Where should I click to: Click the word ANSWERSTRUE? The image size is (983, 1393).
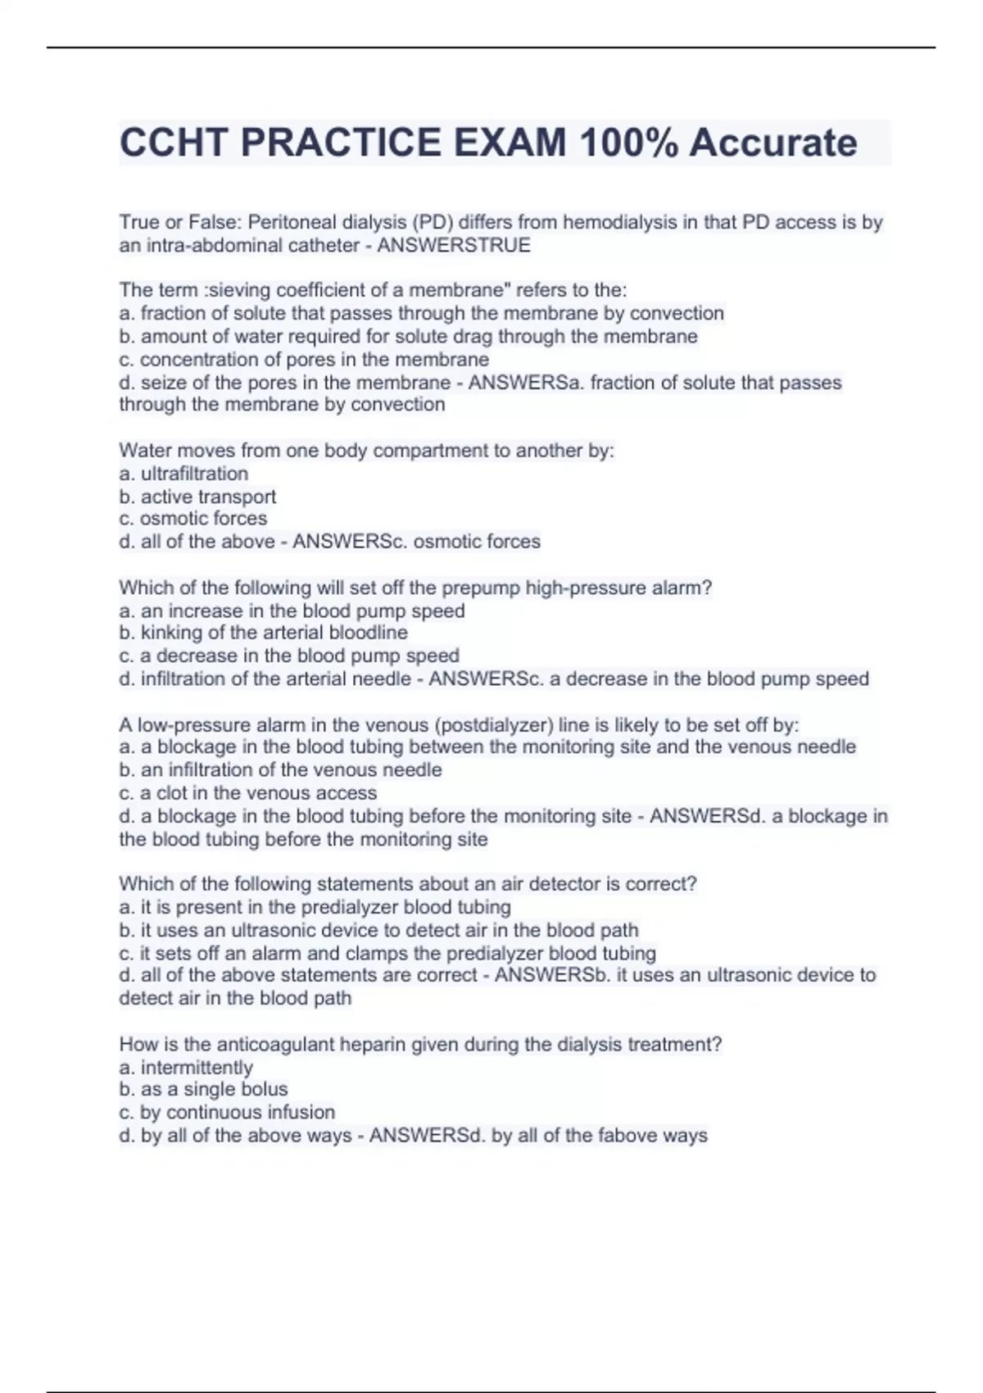[x=454, y=245]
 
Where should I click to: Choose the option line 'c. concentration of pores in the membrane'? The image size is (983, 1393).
[x=304, y=360]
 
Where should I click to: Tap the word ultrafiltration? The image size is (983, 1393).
[x=194, y=474]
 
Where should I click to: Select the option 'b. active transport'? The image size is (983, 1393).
[x=197, y=497]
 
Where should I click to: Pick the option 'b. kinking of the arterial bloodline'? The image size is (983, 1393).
[x=263, y=633]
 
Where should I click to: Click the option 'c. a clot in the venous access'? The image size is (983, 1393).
[x=247, y=793]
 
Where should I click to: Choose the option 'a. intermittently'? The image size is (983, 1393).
[x=186, y=1067]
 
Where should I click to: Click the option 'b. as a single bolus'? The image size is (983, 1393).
[x=203, y=1089]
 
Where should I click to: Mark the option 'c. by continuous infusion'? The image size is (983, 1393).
[x=227, y=1112]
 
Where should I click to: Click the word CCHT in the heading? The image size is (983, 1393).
[x=174, y=143]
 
